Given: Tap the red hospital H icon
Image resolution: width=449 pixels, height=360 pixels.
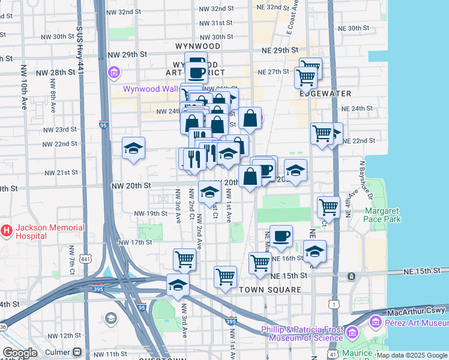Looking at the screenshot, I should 7,230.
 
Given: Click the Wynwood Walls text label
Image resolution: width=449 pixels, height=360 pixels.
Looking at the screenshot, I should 151,89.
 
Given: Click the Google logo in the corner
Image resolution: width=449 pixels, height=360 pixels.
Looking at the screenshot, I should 20,353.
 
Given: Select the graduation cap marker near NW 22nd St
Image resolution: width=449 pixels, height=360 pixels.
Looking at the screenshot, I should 133,149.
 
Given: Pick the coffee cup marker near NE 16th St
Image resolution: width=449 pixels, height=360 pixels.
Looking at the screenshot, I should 281,236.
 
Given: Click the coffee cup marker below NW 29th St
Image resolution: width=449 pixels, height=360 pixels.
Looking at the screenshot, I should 196,71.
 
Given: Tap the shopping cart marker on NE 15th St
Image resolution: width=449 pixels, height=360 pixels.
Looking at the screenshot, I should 225,277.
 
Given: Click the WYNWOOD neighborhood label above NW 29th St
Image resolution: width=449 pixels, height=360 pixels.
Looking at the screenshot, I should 198,46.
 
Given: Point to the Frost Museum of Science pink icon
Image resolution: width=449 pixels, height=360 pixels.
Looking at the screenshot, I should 352,331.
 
